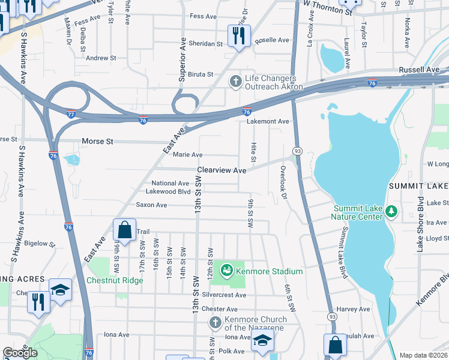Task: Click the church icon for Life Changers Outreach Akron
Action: pos(236,81)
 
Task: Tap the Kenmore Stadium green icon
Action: pos(227,271)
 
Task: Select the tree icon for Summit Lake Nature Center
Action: pos(392,211)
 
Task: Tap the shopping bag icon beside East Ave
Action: pos(124,230)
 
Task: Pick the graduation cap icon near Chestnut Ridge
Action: pos(60,290)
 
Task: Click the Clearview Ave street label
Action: pos(222,170)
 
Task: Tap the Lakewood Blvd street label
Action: pos(168,192)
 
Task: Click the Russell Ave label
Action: pos(420,70)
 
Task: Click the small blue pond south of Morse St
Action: pos(71,160)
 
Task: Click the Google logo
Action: pos(20,353)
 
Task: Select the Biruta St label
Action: pos(202,74)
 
